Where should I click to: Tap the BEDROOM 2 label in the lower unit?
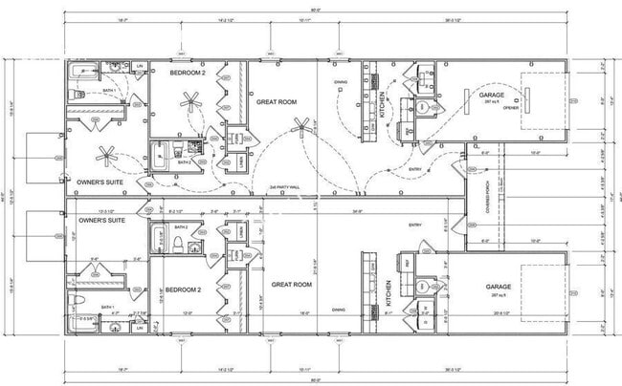coord(182,289)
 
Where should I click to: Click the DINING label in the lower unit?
coord(338,311)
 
